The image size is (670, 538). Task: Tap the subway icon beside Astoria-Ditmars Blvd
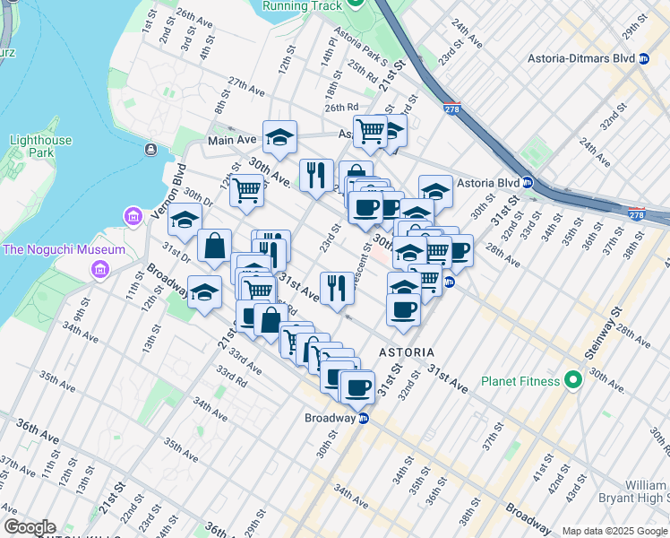tap(643, 58)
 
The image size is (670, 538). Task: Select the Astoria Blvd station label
tap(488, 183)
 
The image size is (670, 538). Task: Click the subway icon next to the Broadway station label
tap(364, 419)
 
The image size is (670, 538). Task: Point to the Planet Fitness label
tap(520, 381)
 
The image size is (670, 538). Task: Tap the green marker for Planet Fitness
tap(571, 381)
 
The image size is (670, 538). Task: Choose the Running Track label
tap(302, 5)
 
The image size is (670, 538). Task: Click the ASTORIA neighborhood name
tap(407, 352)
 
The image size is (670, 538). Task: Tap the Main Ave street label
tap(232, 140)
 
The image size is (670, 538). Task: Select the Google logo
tap(29, 527)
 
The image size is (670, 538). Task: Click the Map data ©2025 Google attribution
tap(614, 531)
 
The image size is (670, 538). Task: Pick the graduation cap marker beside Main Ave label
tap(279, 136)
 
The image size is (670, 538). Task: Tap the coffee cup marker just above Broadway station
tap(358, 386)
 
